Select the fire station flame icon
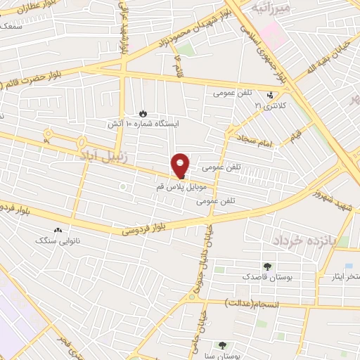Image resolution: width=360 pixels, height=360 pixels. [x=143, y=112]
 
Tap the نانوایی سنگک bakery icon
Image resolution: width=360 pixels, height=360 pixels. [x=57, y=230]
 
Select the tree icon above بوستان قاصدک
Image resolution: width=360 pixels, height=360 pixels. [x=267, y=266]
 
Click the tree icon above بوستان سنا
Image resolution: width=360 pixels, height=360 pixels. [x=222, y=345]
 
